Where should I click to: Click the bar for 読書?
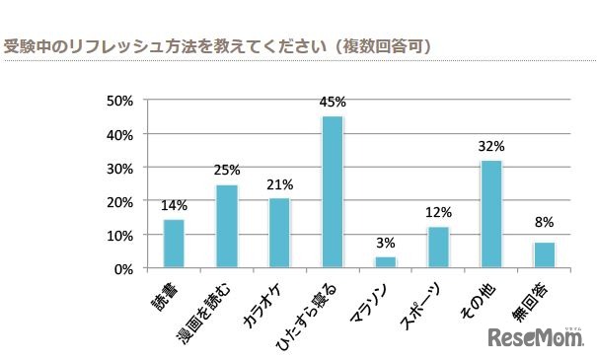(174, 244)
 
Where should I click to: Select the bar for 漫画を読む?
(227, 226)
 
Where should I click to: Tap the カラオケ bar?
(279, 233)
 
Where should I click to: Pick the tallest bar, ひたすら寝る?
(333, 192)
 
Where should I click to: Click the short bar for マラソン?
(386, 262)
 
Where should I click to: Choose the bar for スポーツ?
(438, 248)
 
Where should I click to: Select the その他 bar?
(491, 214)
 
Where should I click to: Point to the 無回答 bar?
(545, 254)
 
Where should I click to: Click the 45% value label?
(333, 102)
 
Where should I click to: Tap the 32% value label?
(491, 145)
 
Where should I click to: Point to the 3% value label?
(386, 243)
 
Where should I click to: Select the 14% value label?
(174, 205)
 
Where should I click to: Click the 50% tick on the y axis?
(120, 101)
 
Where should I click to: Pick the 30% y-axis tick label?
(120, 168)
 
